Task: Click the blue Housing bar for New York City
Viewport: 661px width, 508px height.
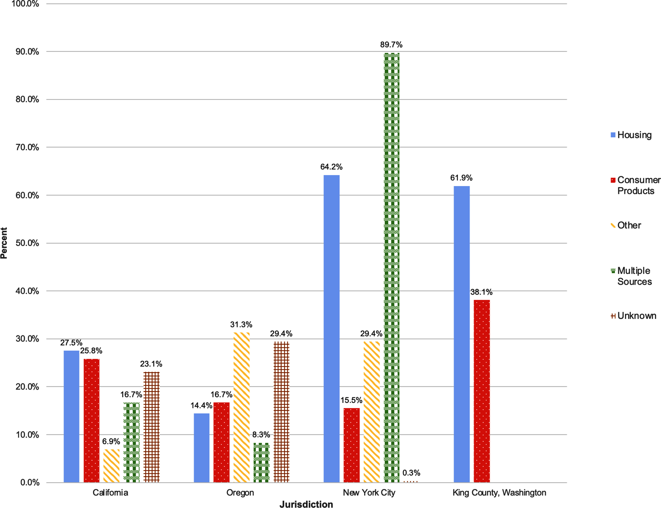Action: [x=332, y=329]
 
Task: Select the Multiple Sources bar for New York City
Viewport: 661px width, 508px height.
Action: [x=392, y=268]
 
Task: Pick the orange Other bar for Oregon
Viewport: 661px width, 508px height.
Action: [x=241, y=407]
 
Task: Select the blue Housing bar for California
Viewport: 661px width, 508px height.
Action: [x=71, y=416]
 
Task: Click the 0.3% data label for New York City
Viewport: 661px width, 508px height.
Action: [x=411, y=473]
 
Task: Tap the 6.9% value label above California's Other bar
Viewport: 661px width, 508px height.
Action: [x=111, y=441]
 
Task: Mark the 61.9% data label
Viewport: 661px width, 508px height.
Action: [x=461, y=178]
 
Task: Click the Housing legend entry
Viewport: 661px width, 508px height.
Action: [x=631, y=135]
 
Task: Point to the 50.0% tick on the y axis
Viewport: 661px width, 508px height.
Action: [x=27, y=243]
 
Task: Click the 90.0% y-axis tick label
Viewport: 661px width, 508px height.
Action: [x=27, y=52]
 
